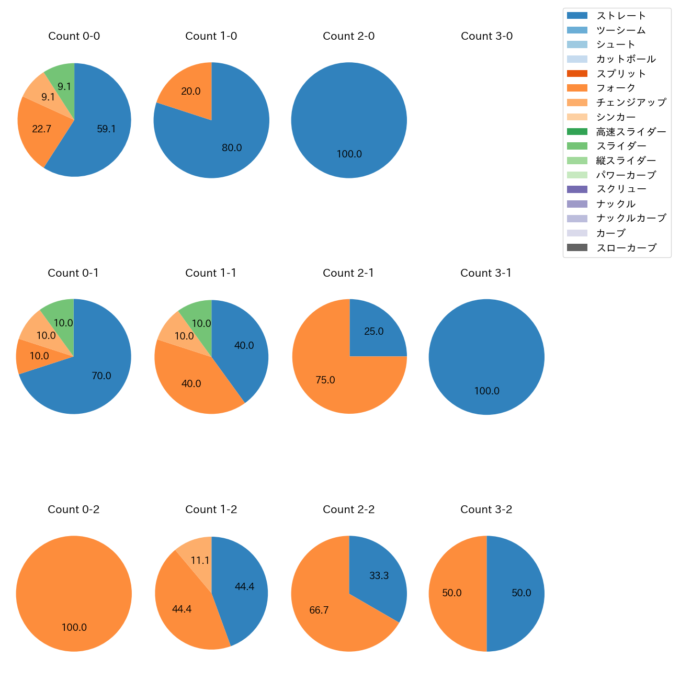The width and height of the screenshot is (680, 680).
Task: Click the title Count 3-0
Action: coord(486,36)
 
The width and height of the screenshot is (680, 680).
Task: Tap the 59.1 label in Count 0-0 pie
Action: coord(106,129)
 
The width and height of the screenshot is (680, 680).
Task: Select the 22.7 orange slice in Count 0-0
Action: coord(41,129)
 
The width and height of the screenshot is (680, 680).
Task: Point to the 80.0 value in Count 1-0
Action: coord(232,148)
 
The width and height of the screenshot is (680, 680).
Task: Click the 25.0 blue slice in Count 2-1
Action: coord(373,332)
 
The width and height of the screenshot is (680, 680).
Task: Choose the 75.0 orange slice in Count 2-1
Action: coord(325,380)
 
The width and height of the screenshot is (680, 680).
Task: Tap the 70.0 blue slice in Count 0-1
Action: coord(101,376)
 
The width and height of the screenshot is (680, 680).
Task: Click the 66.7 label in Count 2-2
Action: coord(319,610)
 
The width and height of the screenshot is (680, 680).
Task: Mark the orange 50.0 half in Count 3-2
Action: coord(452,593)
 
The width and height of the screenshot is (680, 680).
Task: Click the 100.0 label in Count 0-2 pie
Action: coord(74,628)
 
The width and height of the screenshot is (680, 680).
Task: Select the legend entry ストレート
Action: coord(621,16)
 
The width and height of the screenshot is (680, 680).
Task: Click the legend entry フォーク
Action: coord(616,88)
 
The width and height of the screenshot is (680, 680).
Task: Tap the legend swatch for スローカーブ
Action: coord(577,248)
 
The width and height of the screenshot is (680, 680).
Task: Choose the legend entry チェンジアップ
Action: coord(631,103)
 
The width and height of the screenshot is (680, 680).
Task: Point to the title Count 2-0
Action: coord(349,36)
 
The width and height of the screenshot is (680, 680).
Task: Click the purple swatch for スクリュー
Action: coord(577,189)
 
